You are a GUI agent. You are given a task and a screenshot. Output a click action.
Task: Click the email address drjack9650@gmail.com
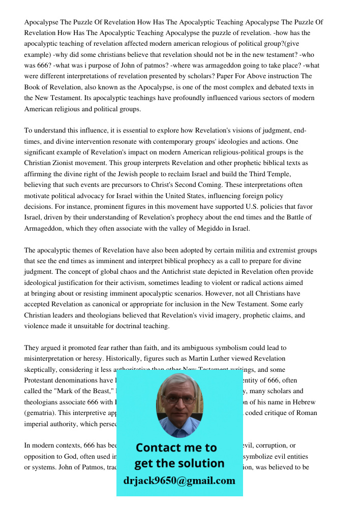pos(179,481)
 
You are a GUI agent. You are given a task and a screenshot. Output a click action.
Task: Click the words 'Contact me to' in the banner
pos(176,448)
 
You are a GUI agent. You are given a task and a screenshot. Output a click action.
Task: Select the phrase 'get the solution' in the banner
pos(179,463)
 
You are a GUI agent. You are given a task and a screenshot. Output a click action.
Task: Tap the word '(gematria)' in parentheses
pos(41,413)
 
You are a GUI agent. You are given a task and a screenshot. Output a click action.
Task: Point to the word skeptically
pos(43,370)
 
